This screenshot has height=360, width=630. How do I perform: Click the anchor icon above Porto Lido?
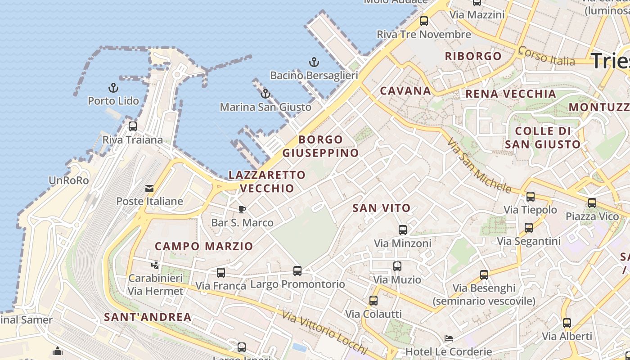[x=113, y=88]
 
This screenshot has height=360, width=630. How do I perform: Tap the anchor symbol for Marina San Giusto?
[x=265, y=94]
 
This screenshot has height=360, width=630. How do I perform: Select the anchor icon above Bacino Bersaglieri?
[x=314, y=62]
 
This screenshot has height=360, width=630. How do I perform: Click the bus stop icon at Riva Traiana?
[x=132, y=126]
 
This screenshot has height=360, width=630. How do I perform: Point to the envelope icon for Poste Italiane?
[x=149, y=188]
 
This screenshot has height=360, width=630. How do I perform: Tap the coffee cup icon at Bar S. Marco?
[x=242, y=209]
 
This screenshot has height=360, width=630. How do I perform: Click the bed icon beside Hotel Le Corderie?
[x=448, y=338]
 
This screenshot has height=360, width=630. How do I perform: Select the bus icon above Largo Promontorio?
[x=297, y=271]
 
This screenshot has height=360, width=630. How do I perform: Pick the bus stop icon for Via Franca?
[x=220, y=272]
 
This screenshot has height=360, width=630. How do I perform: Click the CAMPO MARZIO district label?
[x=204, y=246]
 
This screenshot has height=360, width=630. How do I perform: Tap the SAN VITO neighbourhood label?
[x=382, y=208]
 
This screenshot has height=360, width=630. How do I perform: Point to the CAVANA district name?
[x=405, y=91]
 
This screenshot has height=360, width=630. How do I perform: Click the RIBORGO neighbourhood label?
[x=473, y=56]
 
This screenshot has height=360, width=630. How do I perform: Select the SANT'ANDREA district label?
[x=148, y=317]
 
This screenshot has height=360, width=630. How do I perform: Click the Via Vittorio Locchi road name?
[x=325, y=332]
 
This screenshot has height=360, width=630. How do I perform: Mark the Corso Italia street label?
[x=546, y=55]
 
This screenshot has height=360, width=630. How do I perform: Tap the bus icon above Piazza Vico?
[x=592, y=203]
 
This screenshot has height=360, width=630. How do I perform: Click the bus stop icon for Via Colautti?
[x=373, y=301]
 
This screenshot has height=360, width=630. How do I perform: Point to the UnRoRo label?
[x=68, y=180]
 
